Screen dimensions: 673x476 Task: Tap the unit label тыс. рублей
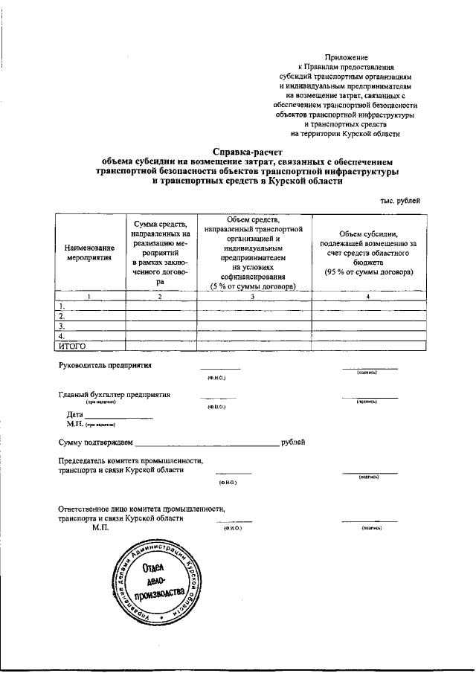click(x=402, y=201)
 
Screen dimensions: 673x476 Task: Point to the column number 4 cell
click(x=369, y=297)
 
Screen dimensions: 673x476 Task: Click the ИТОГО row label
click(x=73, y=346)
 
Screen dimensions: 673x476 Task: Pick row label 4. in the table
click(x=62, y=336)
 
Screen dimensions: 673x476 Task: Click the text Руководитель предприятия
click(x=105, y=365)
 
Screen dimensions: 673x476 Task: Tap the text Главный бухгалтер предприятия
click(x=115, y=395)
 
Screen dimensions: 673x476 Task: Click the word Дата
click(x=74, y=414)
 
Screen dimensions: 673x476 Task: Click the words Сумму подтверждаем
click(x=95, y=443)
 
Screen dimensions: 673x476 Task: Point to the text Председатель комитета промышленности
click(x=131, y=461)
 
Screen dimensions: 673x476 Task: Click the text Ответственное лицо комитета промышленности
click(x=141, y=509)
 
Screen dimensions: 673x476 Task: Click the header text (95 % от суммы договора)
click(x=369, y=272)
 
